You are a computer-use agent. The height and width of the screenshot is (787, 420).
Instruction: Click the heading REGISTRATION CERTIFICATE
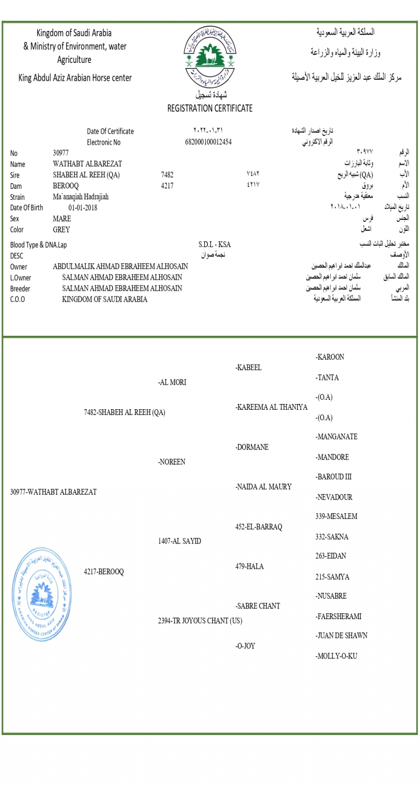(x=209, y=109)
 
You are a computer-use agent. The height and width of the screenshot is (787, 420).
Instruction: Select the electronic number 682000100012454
(x=208, y=142)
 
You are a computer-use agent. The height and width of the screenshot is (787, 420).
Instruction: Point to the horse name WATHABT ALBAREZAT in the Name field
(x=87, y=164)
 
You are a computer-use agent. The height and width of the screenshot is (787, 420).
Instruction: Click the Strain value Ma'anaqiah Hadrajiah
(x=81, y=197)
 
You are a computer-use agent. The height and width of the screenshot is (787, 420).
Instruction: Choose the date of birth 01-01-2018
(x=83, y=208)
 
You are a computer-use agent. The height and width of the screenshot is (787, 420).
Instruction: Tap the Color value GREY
(x=61, y=230)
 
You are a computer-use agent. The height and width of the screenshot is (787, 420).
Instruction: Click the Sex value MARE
(x=62, y=219)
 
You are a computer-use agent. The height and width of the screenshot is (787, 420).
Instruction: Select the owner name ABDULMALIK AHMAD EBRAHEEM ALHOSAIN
(x=120, y=267)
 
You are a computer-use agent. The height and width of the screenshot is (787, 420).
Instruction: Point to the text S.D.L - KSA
(x=215, y=245)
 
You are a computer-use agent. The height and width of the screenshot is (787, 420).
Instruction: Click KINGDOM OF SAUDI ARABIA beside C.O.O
(x=104, y=300)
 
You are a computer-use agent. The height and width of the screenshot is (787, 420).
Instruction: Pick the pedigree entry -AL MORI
(x=172, y=382)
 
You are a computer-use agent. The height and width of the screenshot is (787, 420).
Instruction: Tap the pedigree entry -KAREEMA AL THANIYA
(x=271, y=407)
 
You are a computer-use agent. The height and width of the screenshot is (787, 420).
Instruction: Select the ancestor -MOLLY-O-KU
(x=337, y=656)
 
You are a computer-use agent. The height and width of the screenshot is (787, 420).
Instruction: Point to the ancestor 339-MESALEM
(x=337, y=517)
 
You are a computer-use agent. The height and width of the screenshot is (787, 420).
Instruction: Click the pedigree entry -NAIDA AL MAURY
(x=264, y=487)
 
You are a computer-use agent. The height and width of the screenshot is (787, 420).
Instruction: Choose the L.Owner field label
(x=20, y=278)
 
